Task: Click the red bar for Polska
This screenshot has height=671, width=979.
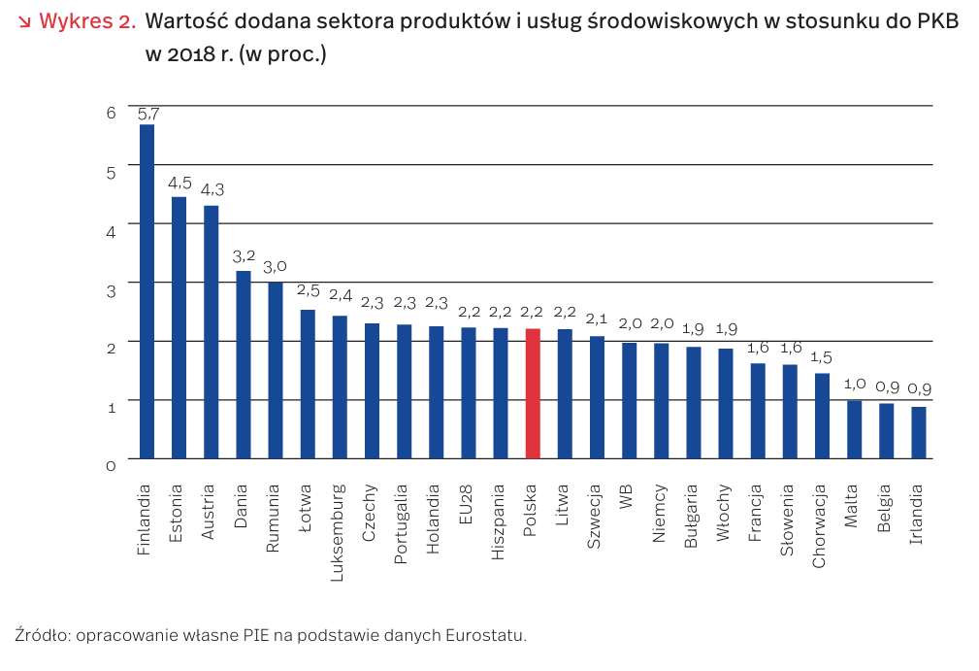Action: (x=533, y=393)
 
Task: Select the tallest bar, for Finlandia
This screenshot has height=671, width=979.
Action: (x=147, y=291)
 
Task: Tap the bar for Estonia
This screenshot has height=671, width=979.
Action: (x=179, y=327)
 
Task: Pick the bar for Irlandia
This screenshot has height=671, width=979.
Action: (x=918, y=432)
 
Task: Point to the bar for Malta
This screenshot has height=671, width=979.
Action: (x=854, y=429)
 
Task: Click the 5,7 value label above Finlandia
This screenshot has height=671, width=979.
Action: (x=147, y=114)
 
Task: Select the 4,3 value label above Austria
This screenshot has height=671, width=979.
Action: (x=212, y=189)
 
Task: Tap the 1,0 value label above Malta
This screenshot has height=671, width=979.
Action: (x=854, y=385)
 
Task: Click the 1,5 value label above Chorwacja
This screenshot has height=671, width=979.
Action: (x=822, y=357)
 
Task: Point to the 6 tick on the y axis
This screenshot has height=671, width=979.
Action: (x=111, y=113)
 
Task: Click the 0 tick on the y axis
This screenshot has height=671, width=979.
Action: (x=111, y=465)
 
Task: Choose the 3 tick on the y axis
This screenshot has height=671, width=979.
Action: (x=111, y=289)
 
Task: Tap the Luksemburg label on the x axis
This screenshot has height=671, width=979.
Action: (x=339, y=531)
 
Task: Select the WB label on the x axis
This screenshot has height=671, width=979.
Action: (x=628, y=495)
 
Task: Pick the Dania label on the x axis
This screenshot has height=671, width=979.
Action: (x=243, y=505)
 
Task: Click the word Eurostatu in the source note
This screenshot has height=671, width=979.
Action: (x=485, y=636)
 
